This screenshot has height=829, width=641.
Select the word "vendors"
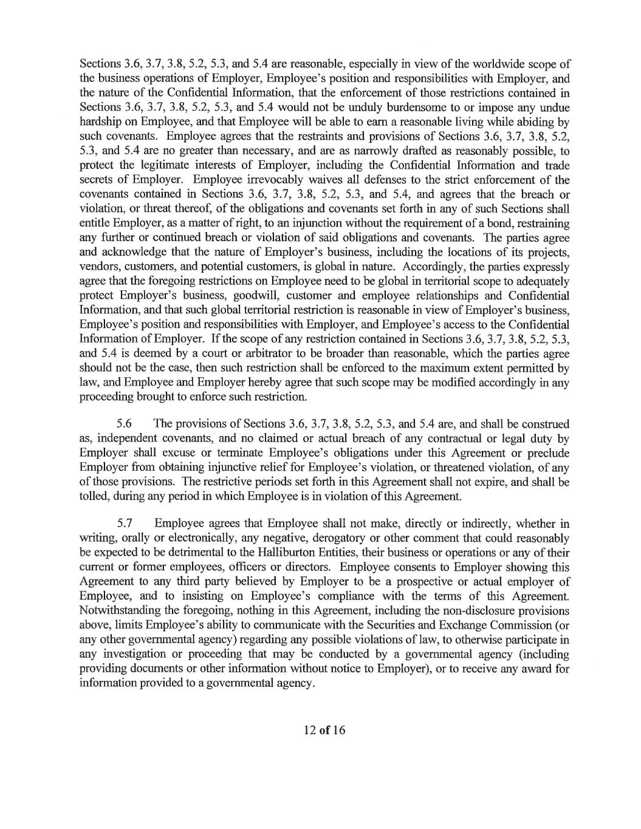98,267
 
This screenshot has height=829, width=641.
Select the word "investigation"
133,654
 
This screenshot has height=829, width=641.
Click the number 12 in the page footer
310,730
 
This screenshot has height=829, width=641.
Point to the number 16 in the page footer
338,730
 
